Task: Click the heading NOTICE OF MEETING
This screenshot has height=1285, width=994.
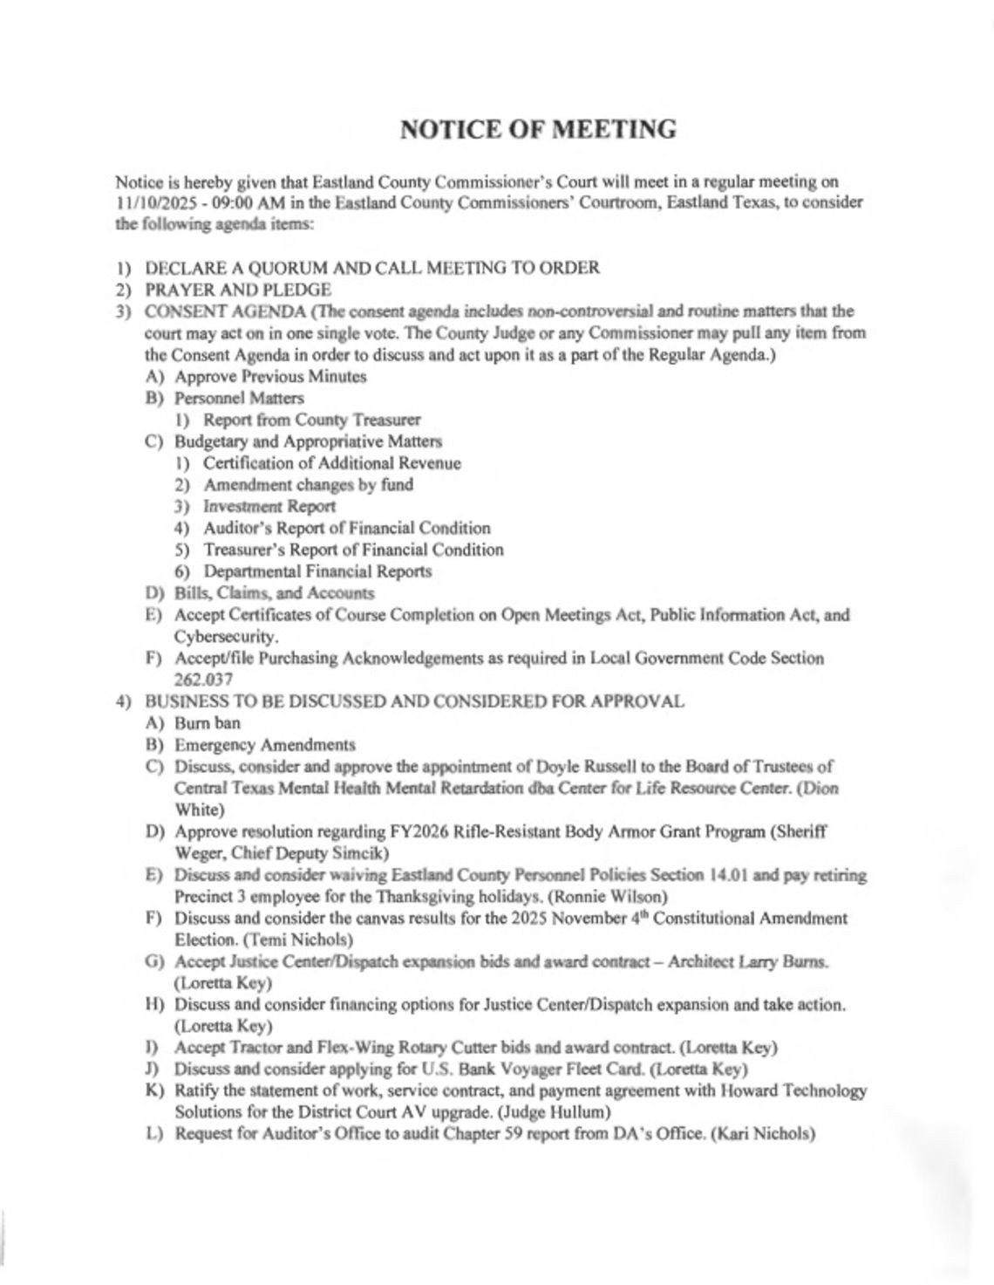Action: click(x=538, y=129)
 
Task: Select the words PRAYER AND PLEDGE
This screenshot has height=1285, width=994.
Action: click(x=237, y=290)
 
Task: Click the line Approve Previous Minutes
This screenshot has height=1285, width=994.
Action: click(x=270, y=377)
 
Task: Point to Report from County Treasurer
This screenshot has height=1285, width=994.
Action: click(x=311, y=420)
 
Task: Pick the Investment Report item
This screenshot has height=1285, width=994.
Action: click(x=269, y=506)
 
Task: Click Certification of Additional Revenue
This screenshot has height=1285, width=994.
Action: click(x=331, y=463)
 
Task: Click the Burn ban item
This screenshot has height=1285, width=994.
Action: click(x=208, y=722)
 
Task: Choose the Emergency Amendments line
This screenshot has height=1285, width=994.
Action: click(x=265, y=745)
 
